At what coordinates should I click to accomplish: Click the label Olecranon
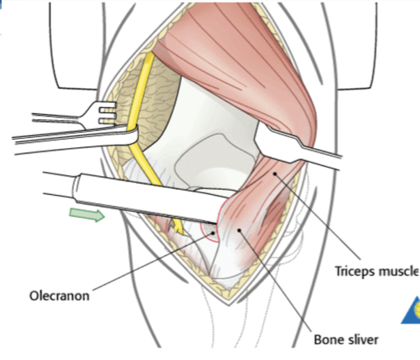pyautogui.click(x=59, y=295)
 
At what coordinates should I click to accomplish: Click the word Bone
pyautogui.click(x=327, y=340)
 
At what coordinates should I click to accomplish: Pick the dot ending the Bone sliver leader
pyautogui.click(x=239, y=230)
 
